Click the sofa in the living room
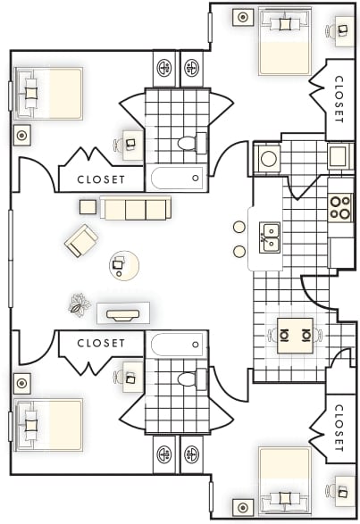(x=135, y=209)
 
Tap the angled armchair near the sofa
(x=81, y=240)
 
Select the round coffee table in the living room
(x=122, y=264)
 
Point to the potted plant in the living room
(x=80, y=305)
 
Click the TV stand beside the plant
(x=122, y=313)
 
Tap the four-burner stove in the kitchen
(x=340, y=207)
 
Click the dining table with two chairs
(x=292, y=336)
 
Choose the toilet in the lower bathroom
(x=190, y=379)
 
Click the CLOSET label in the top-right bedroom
(x=339, y=99)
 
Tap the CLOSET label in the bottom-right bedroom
(x=339, y=427)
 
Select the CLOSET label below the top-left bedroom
(x=100, y=178)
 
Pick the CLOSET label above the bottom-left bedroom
(x=100, y=343)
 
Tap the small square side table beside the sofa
(x=88, y=206)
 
